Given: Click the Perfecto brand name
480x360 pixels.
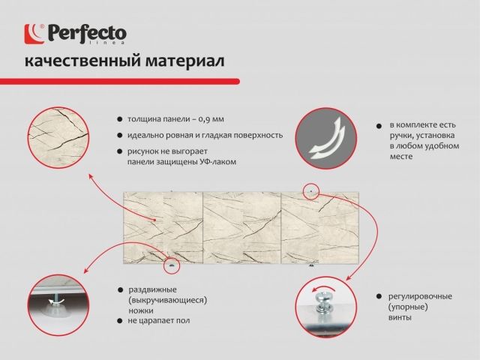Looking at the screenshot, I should (87, 32).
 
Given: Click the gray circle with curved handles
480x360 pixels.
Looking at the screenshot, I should (325, 137).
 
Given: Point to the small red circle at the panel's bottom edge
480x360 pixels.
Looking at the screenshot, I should (174, 264).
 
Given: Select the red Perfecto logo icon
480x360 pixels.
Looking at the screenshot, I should (34, 33).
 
